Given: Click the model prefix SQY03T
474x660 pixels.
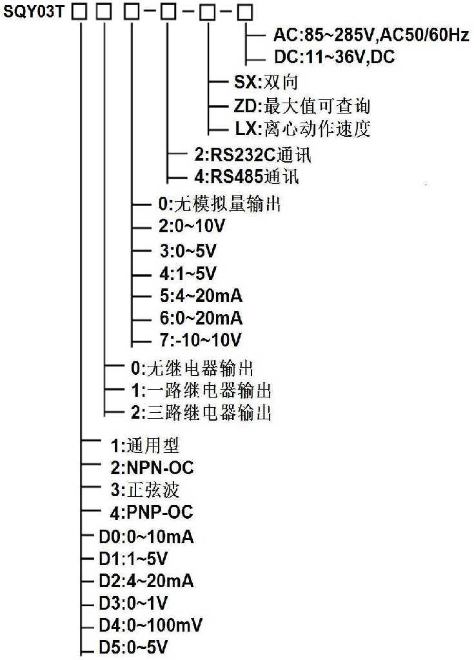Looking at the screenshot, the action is pyautogui.click(x=34, y=12).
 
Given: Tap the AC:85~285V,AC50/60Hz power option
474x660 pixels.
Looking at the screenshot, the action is pyautogui.click(x=371, y=34).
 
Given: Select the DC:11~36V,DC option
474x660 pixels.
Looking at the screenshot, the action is pyautogui.click(x=334, y=56).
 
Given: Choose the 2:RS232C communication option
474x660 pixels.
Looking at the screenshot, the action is pyautogui.click(x=253, y=154).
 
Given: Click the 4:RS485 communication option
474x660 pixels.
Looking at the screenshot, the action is pyautogui.click(x=246, y=176).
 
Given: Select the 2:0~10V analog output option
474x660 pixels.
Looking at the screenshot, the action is pyautogui.click(x=192, y=226).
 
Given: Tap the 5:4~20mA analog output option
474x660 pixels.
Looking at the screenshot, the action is pyautogui.click(x=201, y=295).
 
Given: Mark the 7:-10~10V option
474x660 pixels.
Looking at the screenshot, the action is pyautogui.click(x=200, y=339).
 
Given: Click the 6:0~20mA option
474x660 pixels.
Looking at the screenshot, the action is pyautogui.click(x=201, y=317).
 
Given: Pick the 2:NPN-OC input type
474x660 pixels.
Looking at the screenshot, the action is pyautogui.click(x=152, y=468).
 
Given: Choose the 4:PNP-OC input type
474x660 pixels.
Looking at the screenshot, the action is pyautogui.click(x=152, y=512).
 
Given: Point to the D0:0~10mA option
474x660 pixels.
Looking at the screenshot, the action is pyautogui.click(x=146, y=537).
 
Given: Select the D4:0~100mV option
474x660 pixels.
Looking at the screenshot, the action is pyautogui.click(x=150, y=625).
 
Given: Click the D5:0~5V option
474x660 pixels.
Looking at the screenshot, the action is pyautogui.click(x=133, y=647).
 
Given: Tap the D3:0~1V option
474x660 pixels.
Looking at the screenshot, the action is pyautogui.click(x=133, y=603).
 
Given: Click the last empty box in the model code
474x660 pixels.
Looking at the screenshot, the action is pyautogui.click(x=245, y=13).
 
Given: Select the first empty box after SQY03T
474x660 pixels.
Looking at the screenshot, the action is pyautogui.click(x=79, y=13).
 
